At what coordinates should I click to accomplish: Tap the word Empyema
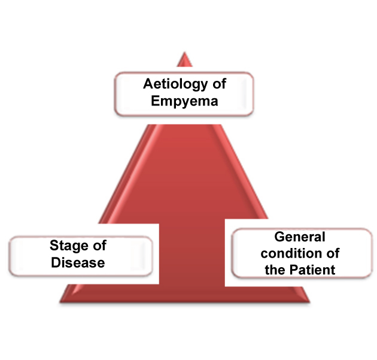(184, 100)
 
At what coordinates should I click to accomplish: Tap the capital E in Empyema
(155, 100)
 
